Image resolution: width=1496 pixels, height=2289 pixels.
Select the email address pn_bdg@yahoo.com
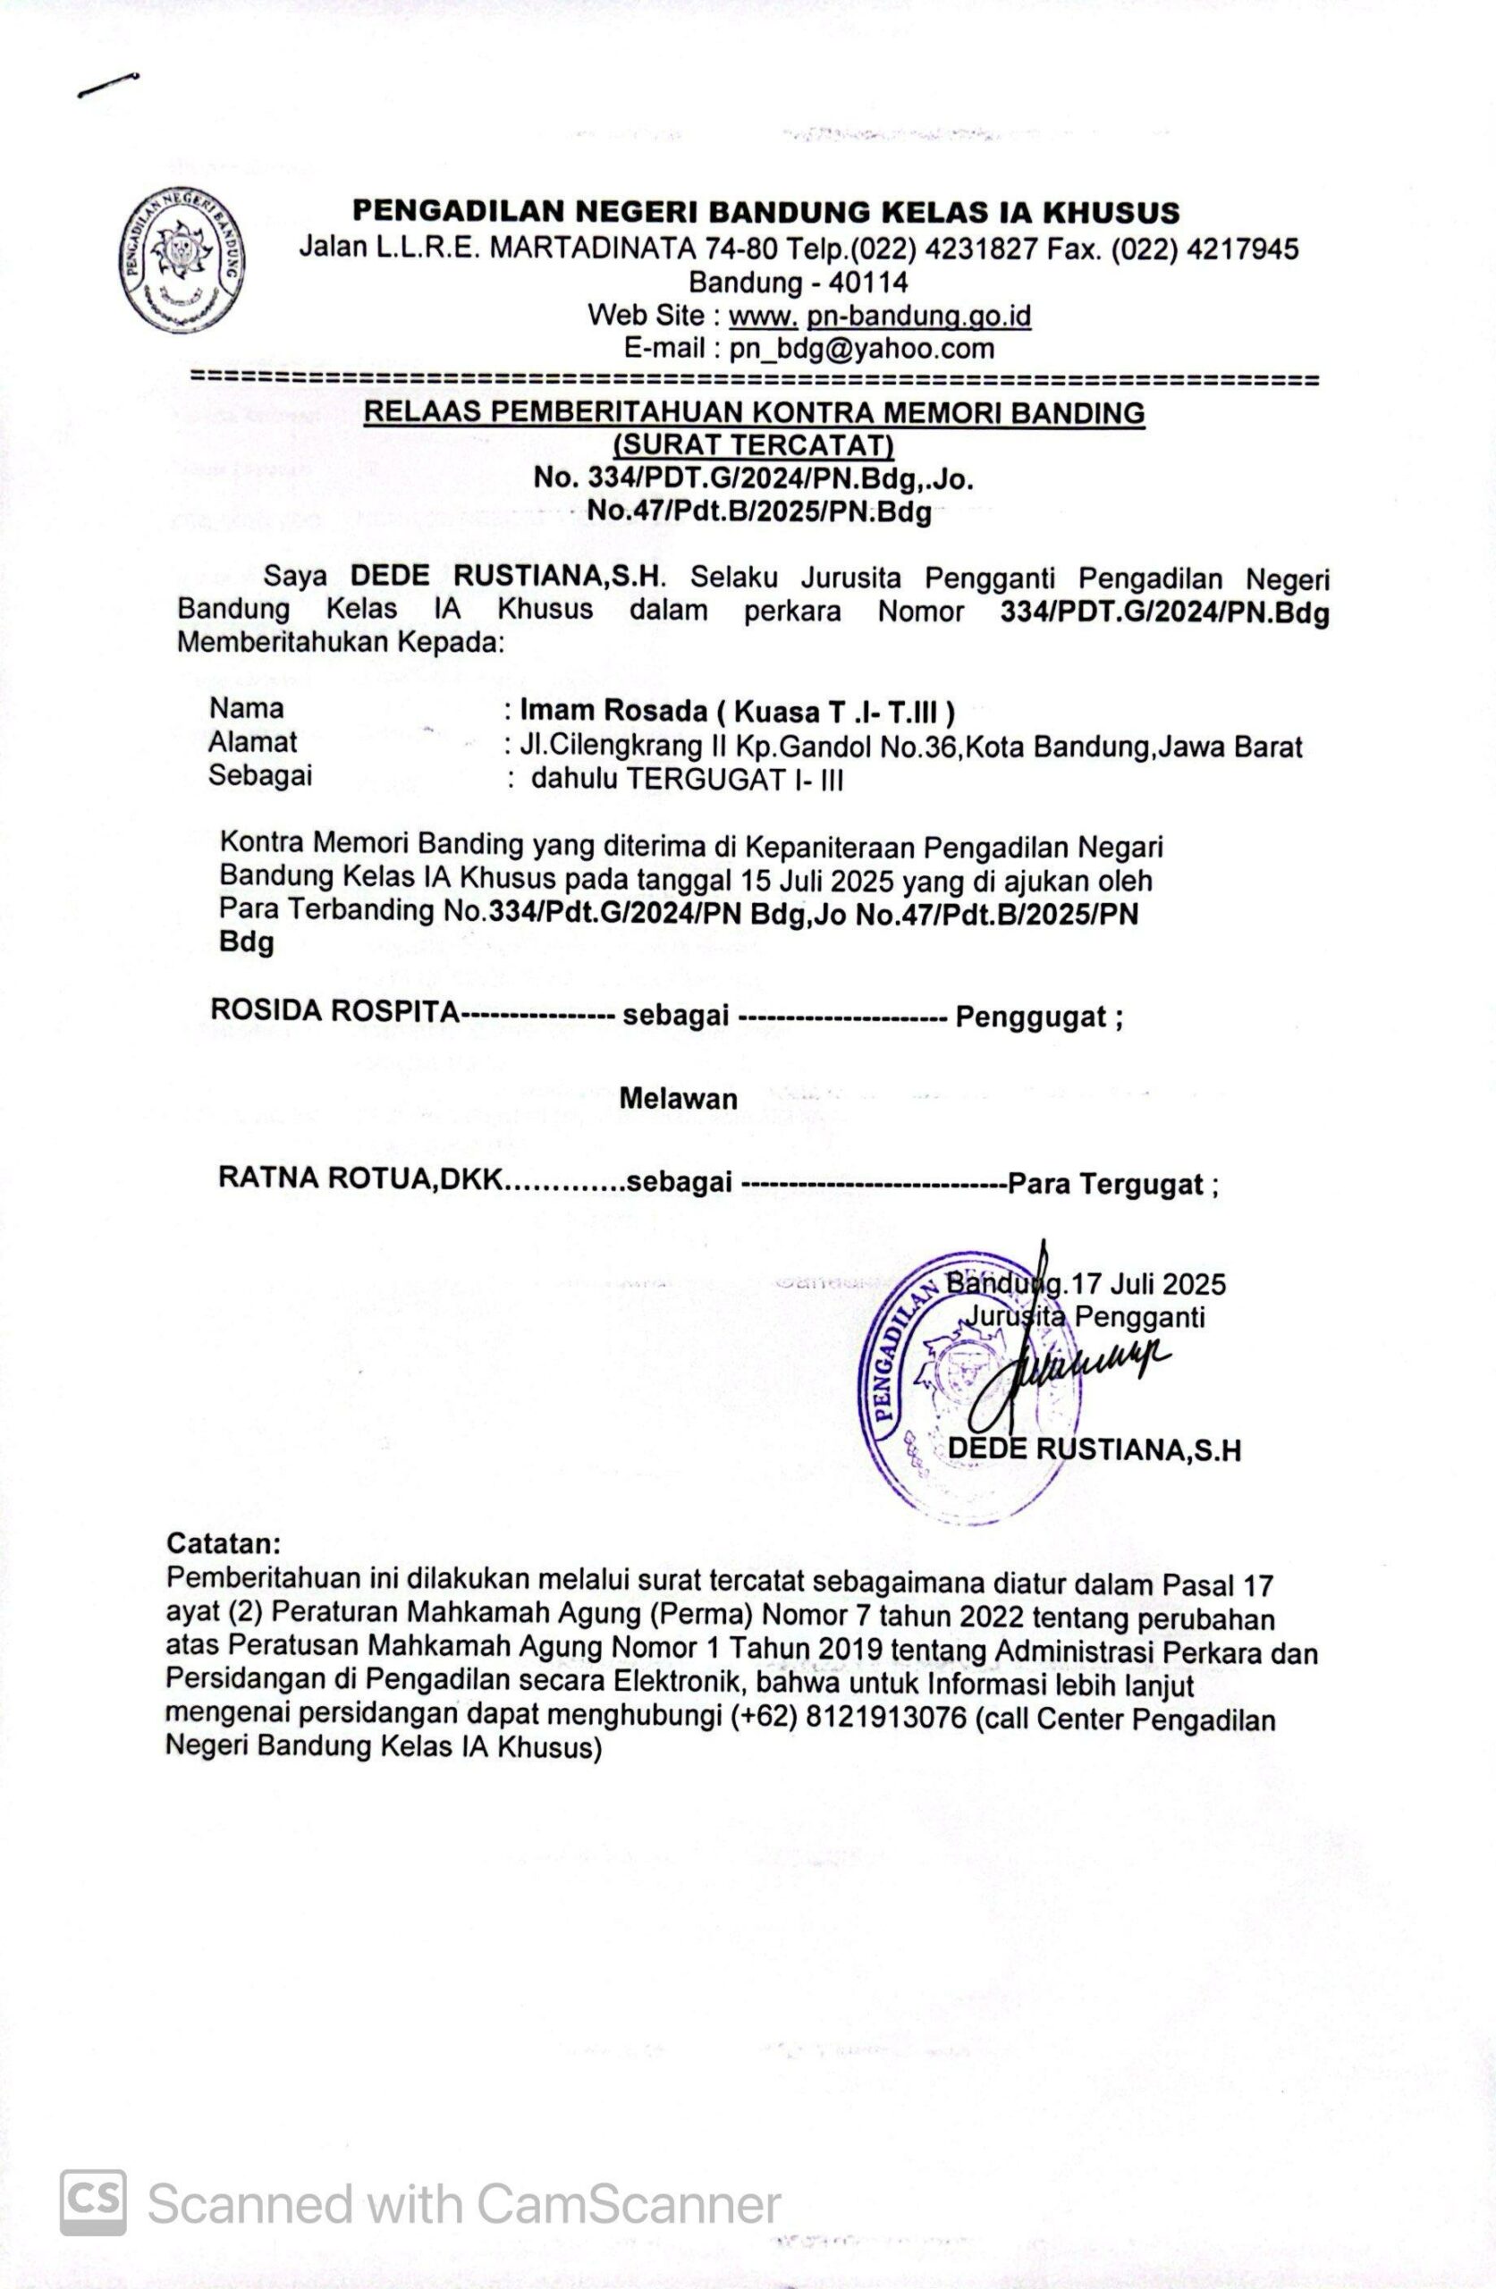(x=861, y=348)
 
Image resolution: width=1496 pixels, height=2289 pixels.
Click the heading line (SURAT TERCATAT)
(x=753, y=446)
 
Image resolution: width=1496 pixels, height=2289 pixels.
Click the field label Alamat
(x=253, y=742)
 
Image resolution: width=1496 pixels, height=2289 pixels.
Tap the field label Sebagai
(x=259, y=775)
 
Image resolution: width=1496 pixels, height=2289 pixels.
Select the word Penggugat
(x=1029, y=1017)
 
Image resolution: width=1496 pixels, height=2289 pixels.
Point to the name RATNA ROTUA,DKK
(x=360, y=1179)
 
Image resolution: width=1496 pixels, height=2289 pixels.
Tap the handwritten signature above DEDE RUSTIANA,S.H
(x=1078, y=1365)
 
